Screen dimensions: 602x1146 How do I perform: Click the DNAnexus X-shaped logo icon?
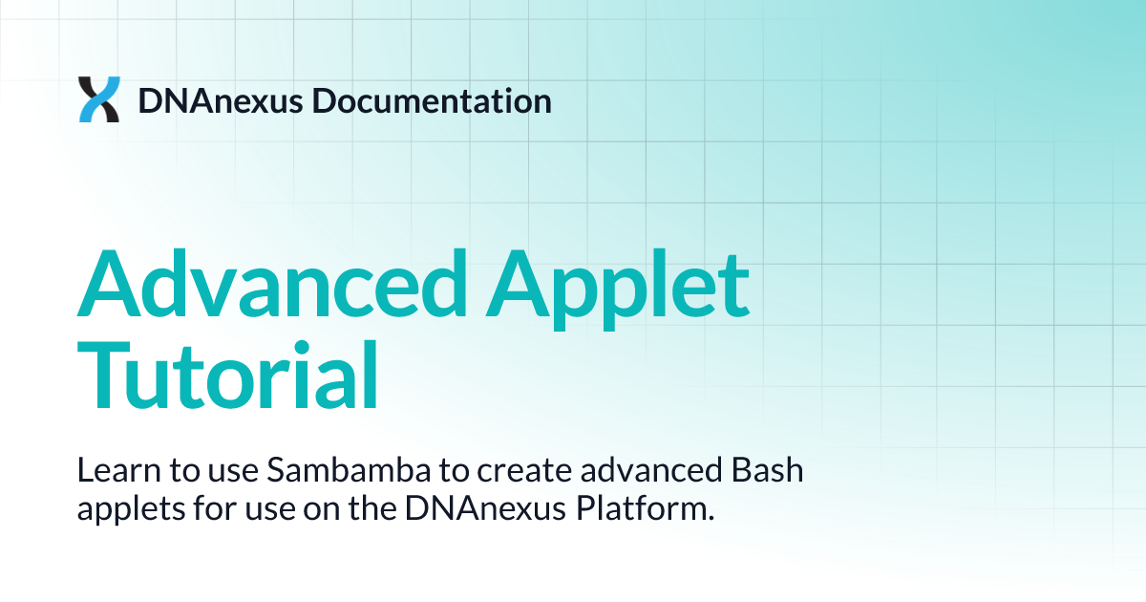[99, 99]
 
